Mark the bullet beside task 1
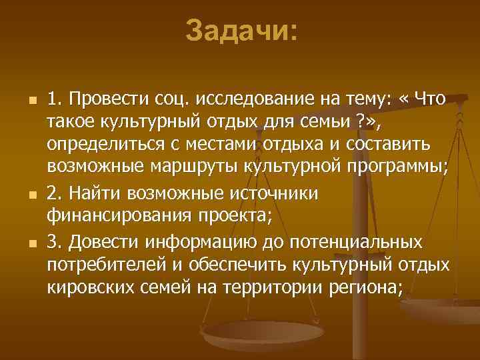pyautogui.click(x=22, y=101)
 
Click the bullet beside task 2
pyautogui.click(x=22, y=193)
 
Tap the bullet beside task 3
pyautogui.click(x=22, y=240)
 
